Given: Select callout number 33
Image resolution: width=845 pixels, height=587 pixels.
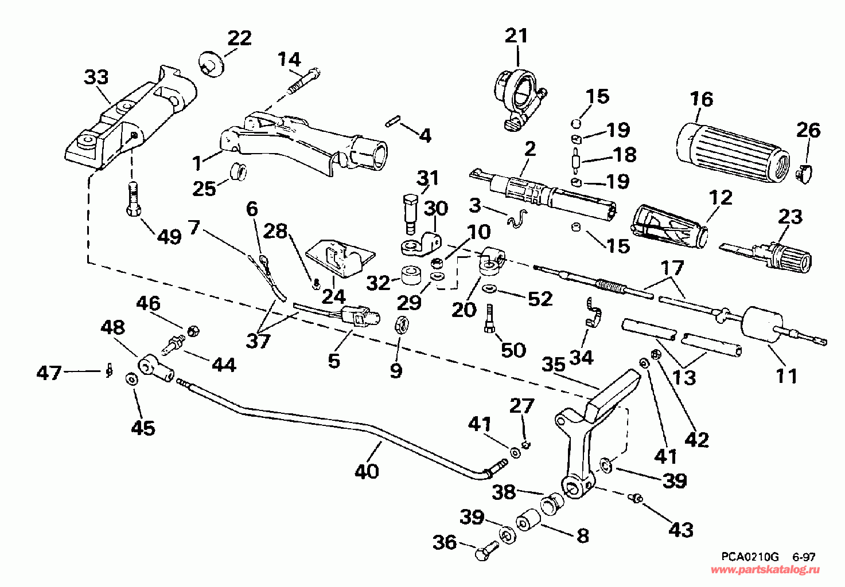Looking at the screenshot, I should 96,77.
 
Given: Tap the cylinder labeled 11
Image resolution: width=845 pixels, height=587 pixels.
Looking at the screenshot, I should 762,324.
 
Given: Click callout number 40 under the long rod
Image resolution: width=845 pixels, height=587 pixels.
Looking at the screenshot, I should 367,471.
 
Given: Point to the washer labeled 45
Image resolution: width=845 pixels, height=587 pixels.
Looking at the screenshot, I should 131,379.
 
